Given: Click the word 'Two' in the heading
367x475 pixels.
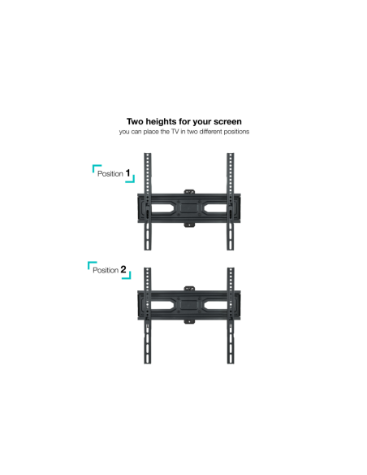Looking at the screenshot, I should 135,122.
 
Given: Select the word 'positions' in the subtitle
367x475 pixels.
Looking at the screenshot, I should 235,132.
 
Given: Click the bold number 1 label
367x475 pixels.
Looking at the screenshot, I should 128,173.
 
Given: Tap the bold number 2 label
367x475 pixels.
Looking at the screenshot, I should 123,269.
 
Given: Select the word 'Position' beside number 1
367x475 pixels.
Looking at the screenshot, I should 110,174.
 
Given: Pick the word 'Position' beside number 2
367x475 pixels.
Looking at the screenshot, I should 106,270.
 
